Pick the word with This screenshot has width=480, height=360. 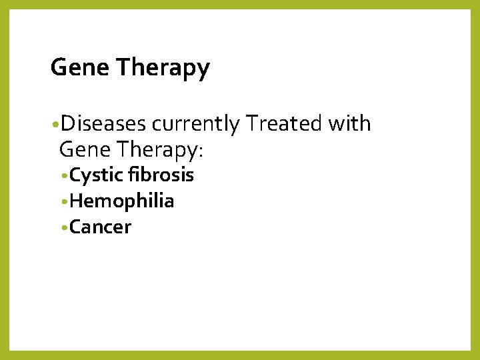352,124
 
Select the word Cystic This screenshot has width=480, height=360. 96,176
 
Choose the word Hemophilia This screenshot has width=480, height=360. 122,201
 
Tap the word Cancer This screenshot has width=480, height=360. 100,227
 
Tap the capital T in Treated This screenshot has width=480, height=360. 251,124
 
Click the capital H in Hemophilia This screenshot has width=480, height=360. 75,201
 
